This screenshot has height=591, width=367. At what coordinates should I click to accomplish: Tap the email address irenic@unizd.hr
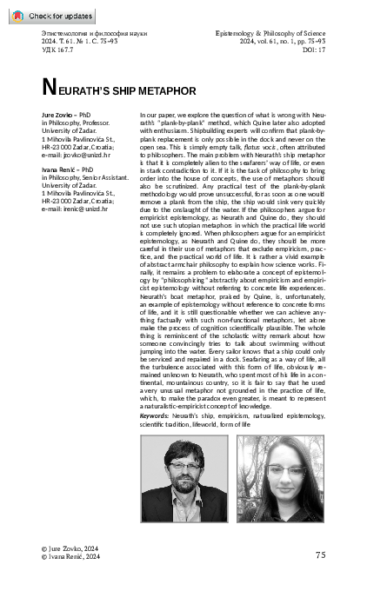(77, 207)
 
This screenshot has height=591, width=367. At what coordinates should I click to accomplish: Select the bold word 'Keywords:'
(155, 416)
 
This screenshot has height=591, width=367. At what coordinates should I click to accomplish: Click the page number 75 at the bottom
(320, 554)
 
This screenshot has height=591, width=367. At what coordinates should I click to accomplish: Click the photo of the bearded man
(183, 477)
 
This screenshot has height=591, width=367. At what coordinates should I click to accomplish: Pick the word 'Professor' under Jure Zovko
(103, 122)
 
